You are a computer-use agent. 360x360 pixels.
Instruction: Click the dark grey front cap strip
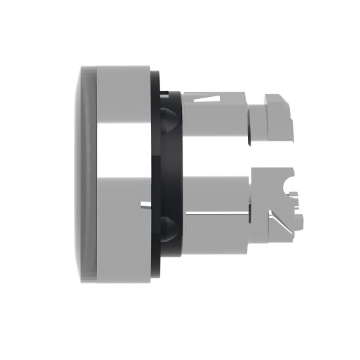(x=84, y=177)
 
